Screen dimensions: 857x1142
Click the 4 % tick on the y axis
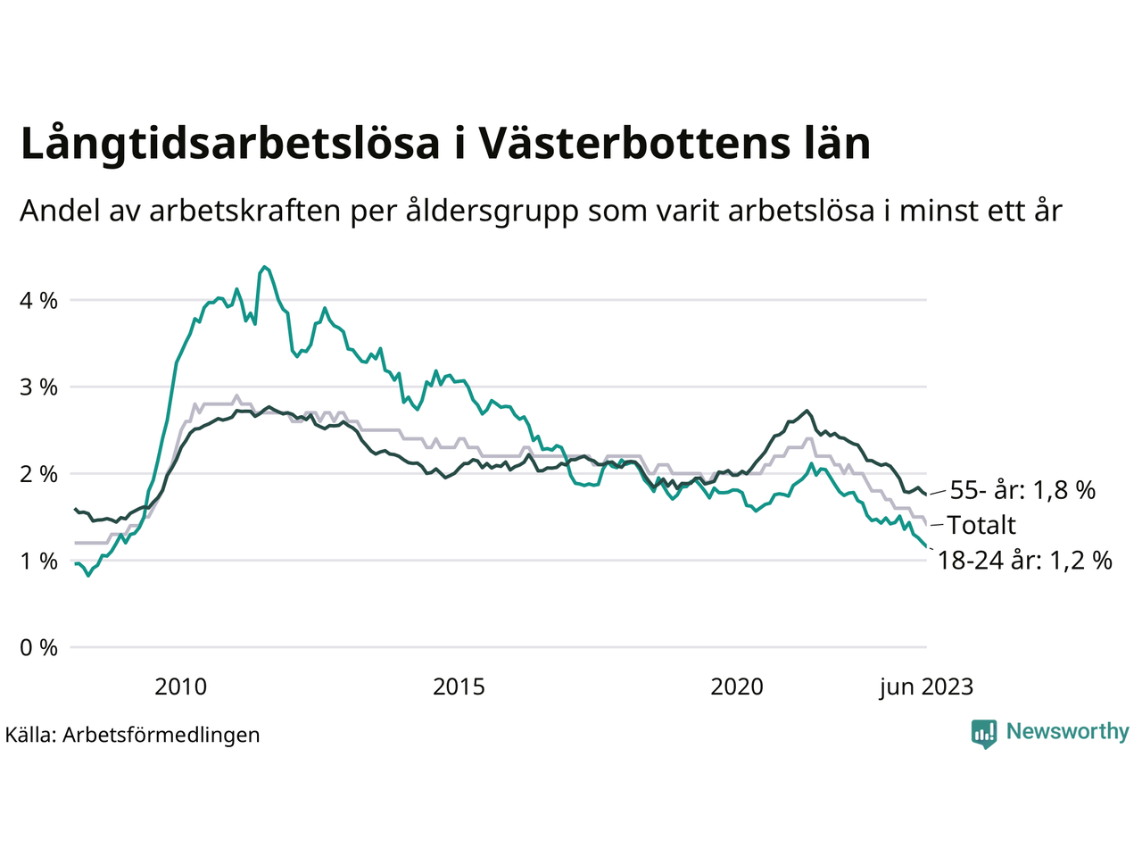point(38,301)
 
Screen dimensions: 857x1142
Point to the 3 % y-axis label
point(38,387)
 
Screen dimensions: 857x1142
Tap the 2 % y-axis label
point(38,474)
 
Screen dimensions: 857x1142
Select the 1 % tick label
point(38,561)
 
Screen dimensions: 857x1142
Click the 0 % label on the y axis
point(38,647)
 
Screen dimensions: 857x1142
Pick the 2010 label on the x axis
point(180,686)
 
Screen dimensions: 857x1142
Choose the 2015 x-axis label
point(459,686)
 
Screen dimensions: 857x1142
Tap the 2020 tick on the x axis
point(737,686)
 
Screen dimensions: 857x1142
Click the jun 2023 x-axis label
point(926,686)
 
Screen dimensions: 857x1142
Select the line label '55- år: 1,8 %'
point(1022,490)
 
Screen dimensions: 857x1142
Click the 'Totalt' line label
point(981,525)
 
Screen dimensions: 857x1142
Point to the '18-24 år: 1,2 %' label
point(1025,561)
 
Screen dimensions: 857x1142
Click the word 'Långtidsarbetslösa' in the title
point(229,145)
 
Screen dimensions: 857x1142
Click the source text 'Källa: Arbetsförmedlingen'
point(132,735)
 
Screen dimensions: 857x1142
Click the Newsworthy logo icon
point(984,734)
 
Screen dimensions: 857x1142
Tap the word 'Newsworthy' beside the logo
point(1067,732)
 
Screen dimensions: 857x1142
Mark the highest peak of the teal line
point(264,266)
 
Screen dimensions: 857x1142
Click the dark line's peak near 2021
point(807,411)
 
